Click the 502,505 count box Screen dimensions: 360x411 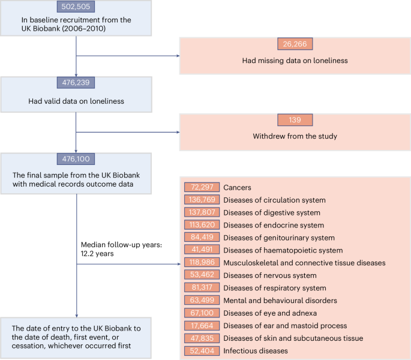76,7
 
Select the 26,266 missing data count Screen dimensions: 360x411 294,44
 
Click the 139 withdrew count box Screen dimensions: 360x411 294,119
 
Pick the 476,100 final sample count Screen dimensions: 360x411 76,159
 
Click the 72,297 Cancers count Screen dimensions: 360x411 202,187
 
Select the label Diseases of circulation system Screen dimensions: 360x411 274,200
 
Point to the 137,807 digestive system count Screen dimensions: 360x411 202,212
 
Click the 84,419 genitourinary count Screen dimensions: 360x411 202,237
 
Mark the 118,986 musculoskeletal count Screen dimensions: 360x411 202,262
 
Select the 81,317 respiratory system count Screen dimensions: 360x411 202,287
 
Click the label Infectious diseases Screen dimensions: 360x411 255,350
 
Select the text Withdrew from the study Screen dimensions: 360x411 294,136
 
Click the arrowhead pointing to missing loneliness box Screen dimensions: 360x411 177,56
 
